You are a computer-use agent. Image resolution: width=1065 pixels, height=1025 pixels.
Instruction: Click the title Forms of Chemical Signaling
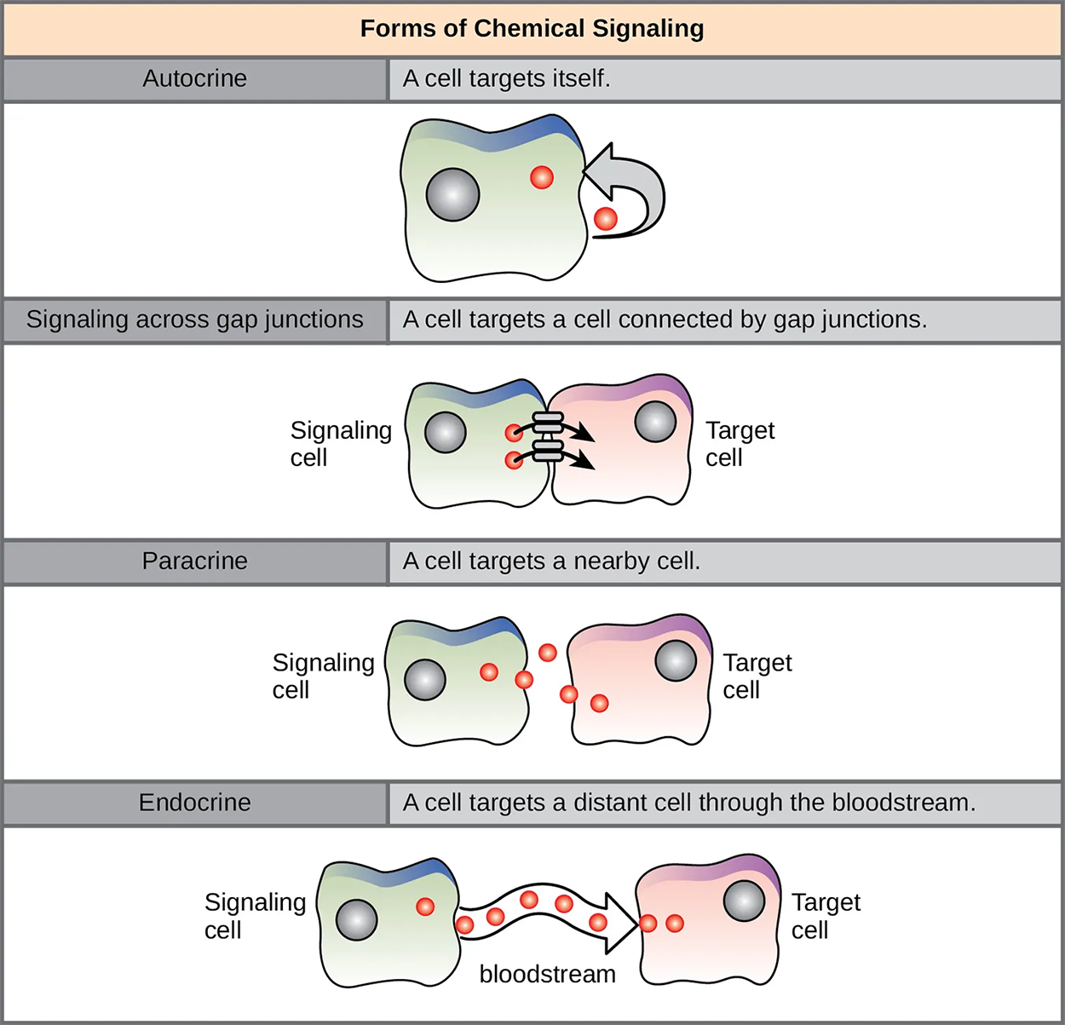pos(532,28)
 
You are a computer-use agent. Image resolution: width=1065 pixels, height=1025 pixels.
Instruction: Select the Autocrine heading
pos(194,78)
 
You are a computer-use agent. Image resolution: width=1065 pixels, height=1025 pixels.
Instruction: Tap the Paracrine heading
pos(194,561)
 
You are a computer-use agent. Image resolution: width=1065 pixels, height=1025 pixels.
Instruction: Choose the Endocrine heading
pos(194,802)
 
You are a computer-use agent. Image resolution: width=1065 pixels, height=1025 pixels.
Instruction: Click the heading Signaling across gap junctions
pos(194,320)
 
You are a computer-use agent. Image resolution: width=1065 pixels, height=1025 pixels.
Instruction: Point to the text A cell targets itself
pos(506,78)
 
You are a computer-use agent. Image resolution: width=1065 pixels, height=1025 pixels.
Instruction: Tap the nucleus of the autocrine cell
pos(452,194)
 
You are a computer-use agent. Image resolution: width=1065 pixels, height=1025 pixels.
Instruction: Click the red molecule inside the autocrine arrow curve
pos(605,218)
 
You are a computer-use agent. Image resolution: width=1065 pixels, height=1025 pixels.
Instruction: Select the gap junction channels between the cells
pos(547,436)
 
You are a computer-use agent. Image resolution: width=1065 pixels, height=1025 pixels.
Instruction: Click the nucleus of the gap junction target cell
pos(655,421)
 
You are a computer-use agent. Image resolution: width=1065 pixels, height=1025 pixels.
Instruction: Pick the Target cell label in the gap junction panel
pos(739,444)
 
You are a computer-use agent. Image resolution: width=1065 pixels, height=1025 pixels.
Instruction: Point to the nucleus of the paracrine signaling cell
pos(424,680)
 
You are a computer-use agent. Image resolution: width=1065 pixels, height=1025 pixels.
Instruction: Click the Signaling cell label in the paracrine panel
pos(323,676)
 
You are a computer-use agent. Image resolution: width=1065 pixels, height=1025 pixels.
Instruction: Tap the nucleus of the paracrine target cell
pos(676,660)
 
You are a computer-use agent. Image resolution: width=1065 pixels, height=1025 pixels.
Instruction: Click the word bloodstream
pos(547,974)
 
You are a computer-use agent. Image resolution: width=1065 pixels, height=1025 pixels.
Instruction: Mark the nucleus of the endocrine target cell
pos(744,901)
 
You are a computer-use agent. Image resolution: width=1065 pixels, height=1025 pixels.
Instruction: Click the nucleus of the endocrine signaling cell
pos(356,919)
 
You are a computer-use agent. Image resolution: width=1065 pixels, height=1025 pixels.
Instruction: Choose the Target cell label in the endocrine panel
pos(825,916)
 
